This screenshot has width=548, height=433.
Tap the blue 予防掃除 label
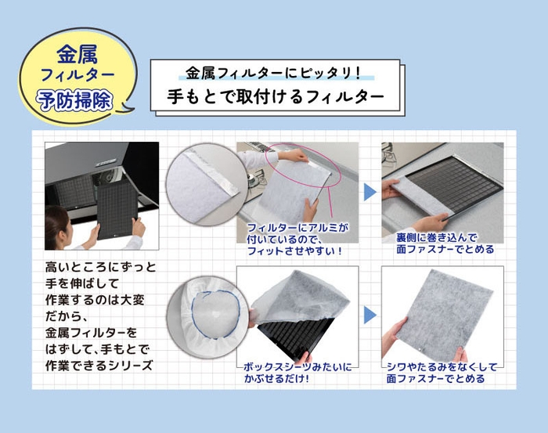pyautogui.click(x=76, y=101)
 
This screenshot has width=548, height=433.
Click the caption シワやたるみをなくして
pyautogui.click(x=435, y=366)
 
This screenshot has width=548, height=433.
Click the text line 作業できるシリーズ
pyautogui.click(x=101, y=366)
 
